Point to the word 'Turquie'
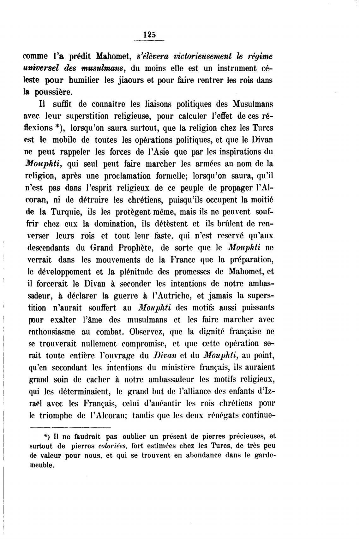61,212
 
